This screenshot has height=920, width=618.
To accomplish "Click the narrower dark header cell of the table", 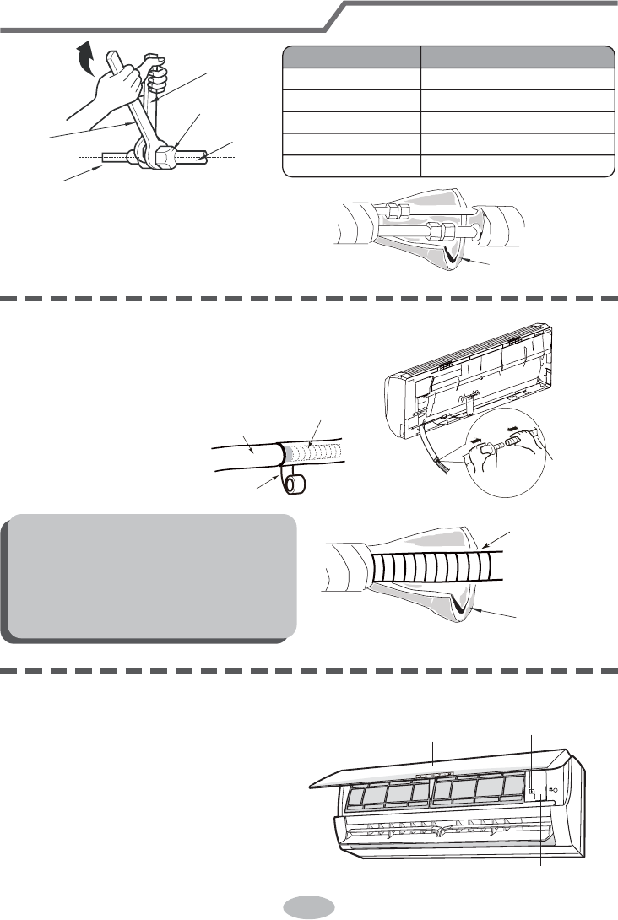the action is point(350,57).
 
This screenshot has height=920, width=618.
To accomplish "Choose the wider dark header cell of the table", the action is point(518,57).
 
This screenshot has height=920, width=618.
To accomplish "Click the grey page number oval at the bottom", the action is point(308,906).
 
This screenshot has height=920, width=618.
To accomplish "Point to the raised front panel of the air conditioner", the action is point(439,765).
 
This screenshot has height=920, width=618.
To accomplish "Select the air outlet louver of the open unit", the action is point(447,831).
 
